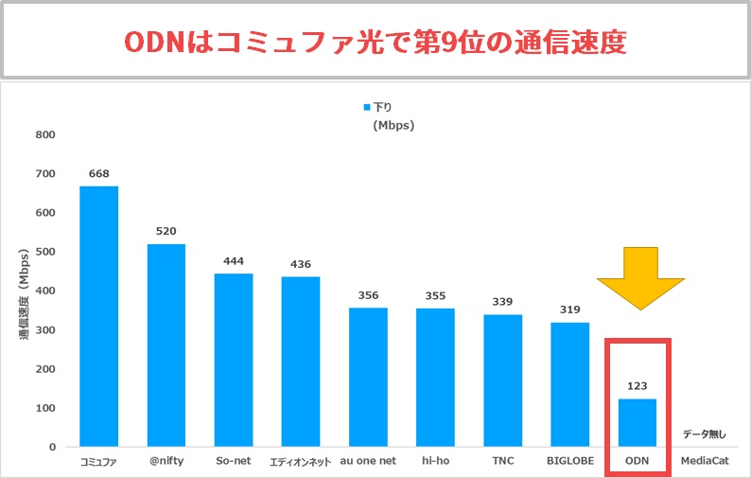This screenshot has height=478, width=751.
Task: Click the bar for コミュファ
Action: point(98,316)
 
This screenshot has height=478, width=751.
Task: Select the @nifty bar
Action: point(166,345)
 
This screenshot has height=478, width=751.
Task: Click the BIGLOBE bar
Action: point(570,384)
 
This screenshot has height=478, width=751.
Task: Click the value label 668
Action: point(98,173)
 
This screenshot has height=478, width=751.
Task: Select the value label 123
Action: point(637,386)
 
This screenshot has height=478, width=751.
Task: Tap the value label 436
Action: point(301,263)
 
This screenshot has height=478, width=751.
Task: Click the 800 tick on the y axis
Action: point(44,134)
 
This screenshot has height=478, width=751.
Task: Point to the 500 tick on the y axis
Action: point(44,252)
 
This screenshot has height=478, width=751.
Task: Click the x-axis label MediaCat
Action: point(705,463)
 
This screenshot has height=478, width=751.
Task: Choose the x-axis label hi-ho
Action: point(436,463)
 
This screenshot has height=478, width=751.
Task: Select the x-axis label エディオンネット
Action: point(301,463)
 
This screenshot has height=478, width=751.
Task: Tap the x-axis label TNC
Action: point(503,463)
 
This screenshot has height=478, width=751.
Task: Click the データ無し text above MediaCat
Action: point(706,434)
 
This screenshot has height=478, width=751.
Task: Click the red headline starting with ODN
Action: point(375,42)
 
